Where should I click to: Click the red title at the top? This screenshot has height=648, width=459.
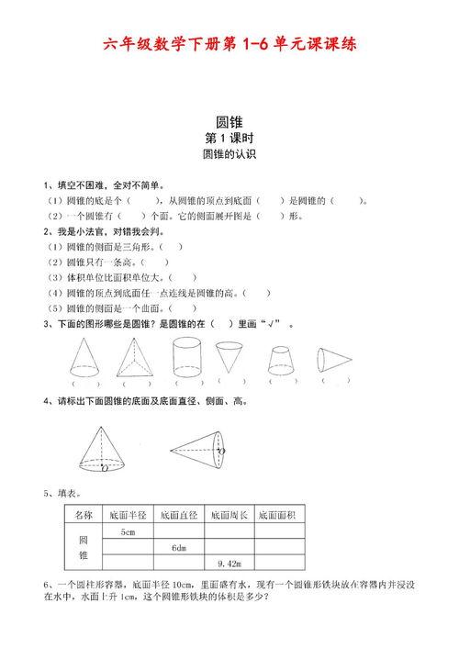click(x=229, y=43)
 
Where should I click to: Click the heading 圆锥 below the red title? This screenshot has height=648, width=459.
click(x=229, y=120)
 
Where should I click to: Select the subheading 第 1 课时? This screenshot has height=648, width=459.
click(x=229, y=138)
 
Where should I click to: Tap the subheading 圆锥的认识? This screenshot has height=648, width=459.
click(x=229, y=155)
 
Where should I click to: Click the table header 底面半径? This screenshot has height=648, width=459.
click(x=128, y=515)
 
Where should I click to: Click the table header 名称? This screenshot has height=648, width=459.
click(x=84, y=515)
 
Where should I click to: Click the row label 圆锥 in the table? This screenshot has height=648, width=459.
click(x=84, y=548)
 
